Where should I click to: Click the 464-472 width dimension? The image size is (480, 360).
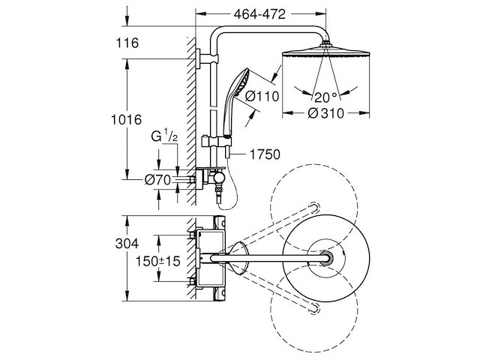coord(259,14)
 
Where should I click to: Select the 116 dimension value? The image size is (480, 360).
coord(127,43)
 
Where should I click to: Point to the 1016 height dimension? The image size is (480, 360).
coord(126,119)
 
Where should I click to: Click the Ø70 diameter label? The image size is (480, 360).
coord(157,180)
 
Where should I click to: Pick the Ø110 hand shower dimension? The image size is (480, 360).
coord(262,96)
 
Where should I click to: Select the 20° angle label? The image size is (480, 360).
coord(325,97)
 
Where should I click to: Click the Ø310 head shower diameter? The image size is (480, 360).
coord(325,113)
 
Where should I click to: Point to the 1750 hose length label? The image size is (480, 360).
coord(265,154)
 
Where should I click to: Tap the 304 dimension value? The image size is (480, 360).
coord(127,244)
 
